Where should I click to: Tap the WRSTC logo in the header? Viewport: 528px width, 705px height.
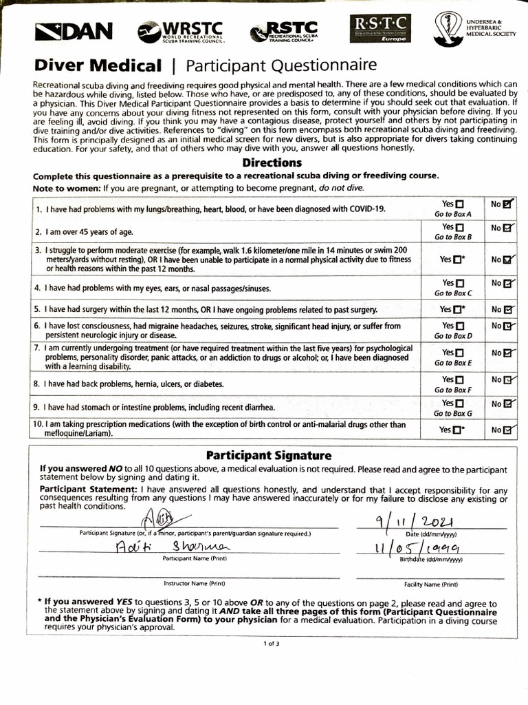pos(180,32)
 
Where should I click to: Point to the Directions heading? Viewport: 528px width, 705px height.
pos(272,163)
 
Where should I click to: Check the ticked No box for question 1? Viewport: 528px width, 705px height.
pos(507,204)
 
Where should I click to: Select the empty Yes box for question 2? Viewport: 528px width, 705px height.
pos(460,227)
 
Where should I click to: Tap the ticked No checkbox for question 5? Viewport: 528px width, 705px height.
pos(507,310)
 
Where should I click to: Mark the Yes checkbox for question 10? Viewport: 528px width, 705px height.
pos(459,430)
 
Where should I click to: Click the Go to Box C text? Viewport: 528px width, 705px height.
pos(452,293)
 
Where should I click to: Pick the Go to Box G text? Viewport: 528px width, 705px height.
pos(452,414)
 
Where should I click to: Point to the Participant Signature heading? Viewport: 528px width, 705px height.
pos(269,455)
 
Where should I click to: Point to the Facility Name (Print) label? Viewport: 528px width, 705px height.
pos(431,584)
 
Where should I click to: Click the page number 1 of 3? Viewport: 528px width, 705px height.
pos(271,643)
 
